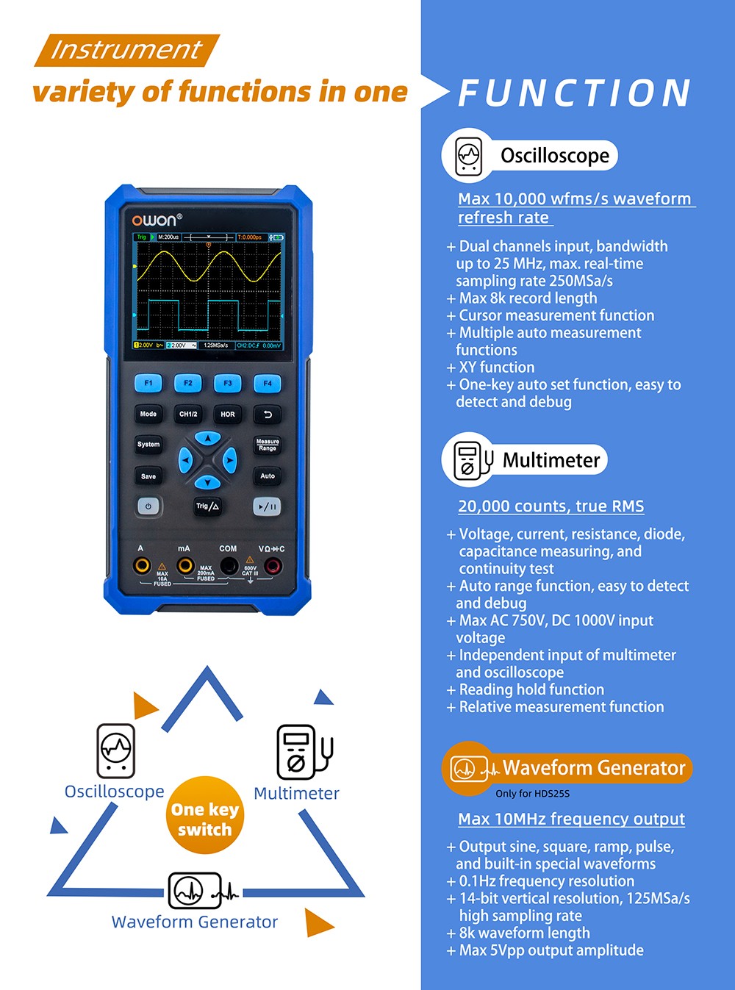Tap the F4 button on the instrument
pyautogui.click(x=268, y=383)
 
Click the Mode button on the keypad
pyautogui.click(x=148, y=415)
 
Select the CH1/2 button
pyautogui.click(x=188, y=415)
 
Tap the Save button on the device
pyautogui.click(x=148, y=476)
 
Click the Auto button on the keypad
pyautogui.click(x=268, y=476)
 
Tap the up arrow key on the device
pyautogui.click(x=208, y=439)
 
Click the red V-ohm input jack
pyautogui.click(x=273, y=566)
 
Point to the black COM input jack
pyautogui.click(x=229, y=566)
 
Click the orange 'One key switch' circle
pyautogui.click(x=205, y=816)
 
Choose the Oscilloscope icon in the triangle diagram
pyautogui.click(x=116, y=750)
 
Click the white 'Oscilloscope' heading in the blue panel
pyautogui.click(x=555, y=156)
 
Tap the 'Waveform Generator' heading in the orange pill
pyautogui.click(x=594, y=768)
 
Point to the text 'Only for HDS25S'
pyautogui.click(x=532, y=794)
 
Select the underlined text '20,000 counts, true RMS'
pyautogui.click(x=551, y=506)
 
